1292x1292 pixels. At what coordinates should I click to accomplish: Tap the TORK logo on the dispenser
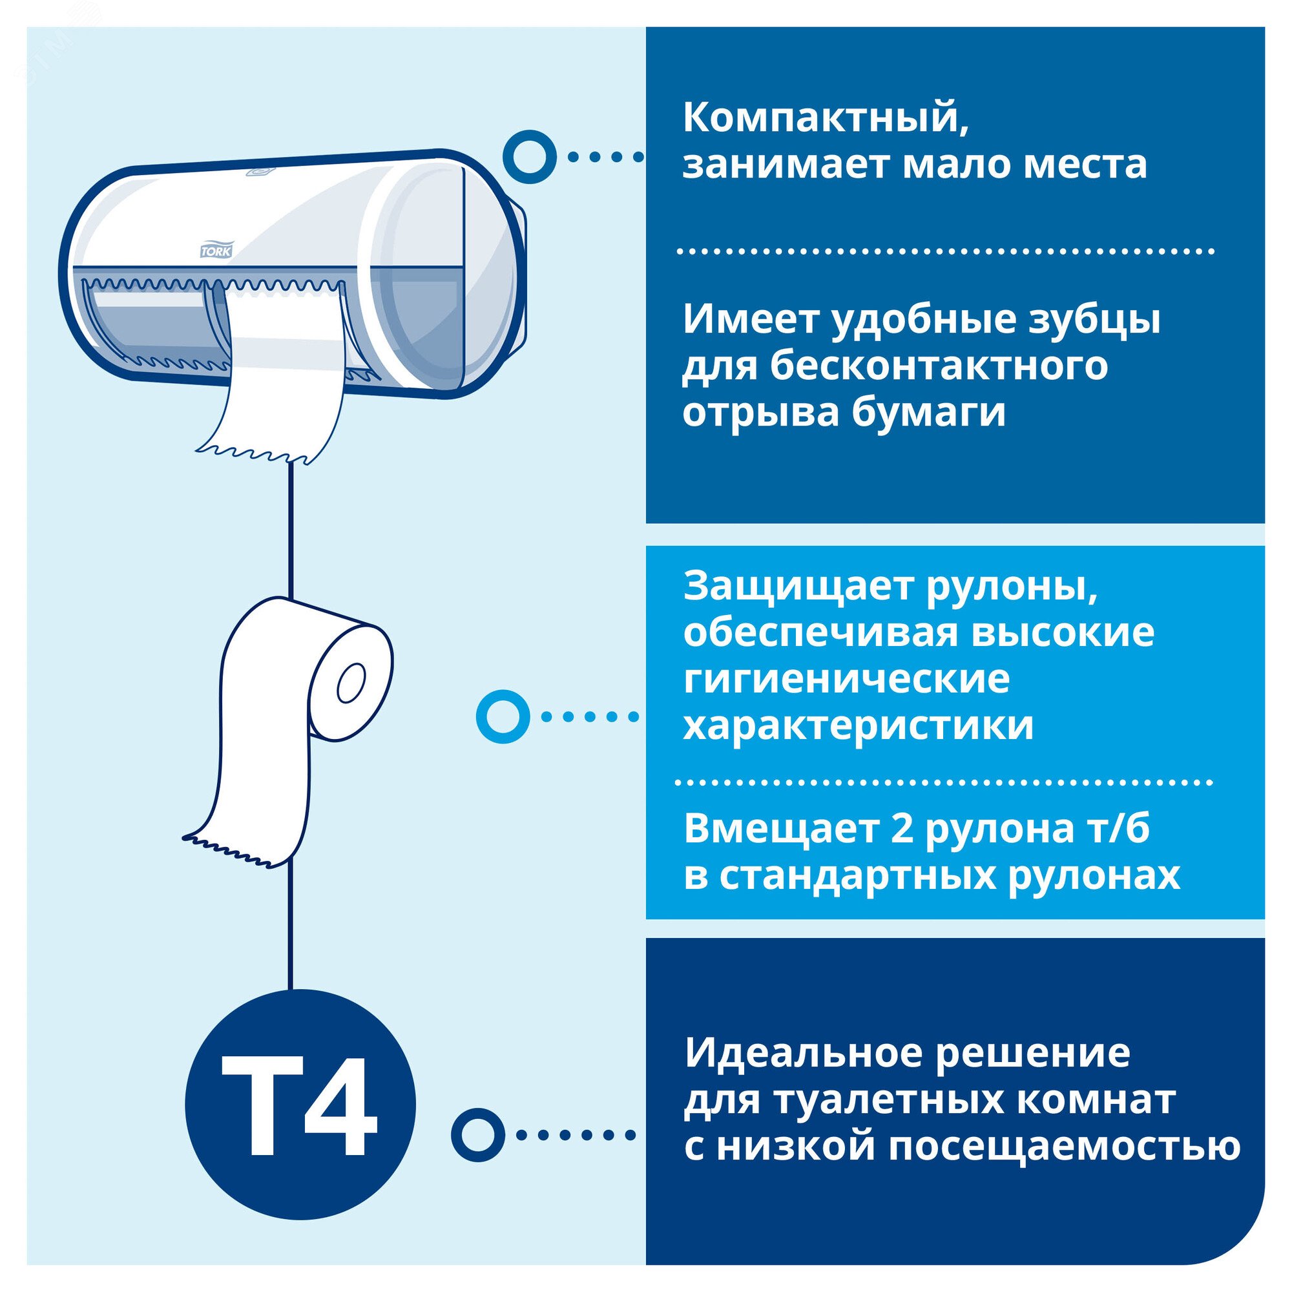point(216,251)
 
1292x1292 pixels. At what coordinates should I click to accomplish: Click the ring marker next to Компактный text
point(529,157)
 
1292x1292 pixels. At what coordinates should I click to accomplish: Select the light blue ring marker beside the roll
point(503,716)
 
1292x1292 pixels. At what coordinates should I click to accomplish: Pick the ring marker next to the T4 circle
point(477,1135)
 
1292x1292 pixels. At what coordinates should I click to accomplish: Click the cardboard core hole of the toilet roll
point(351,683)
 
